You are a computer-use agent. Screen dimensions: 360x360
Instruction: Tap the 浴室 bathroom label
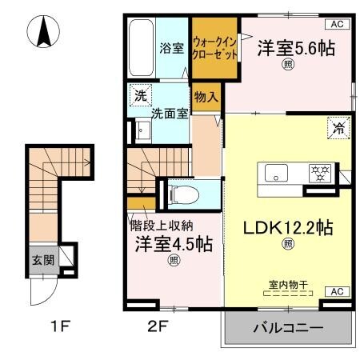click(172, 48)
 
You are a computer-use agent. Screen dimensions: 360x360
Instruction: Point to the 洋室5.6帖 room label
click(295, 49)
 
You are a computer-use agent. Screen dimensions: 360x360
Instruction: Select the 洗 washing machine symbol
click(142, 93)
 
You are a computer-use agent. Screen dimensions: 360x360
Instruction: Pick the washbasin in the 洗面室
click(143, 130)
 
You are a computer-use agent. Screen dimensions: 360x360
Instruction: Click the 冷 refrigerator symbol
click(337, 126)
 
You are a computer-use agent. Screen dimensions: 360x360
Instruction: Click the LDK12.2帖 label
click(288, 229)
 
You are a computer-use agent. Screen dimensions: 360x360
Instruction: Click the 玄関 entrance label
click(42, 260)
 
